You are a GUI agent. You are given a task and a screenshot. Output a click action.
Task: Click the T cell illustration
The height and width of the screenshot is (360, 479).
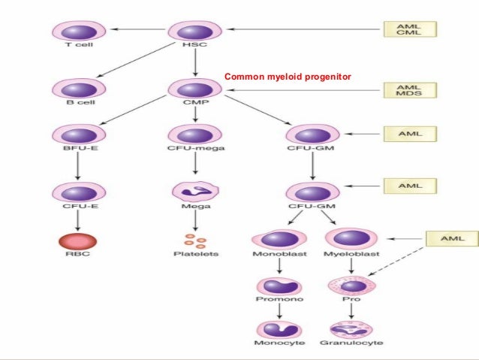click(74, 31)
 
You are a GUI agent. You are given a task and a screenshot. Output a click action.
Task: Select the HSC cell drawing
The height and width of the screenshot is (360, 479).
click(194, 31)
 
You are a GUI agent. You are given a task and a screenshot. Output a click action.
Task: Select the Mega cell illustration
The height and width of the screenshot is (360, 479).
click(194, 193)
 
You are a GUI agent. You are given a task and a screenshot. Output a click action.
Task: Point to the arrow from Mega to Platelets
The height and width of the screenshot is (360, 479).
click(194, 219)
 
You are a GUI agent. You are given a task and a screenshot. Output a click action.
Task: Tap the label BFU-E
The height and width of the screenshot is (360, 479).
click(74, 150)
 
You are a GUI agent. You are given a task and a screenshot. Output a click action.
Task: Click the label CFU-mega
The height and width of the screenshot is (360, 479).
click(194, 150)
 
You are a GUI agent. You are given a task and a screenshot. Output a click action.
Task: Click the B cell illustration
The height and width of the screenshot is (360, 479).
click(74, 90)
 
